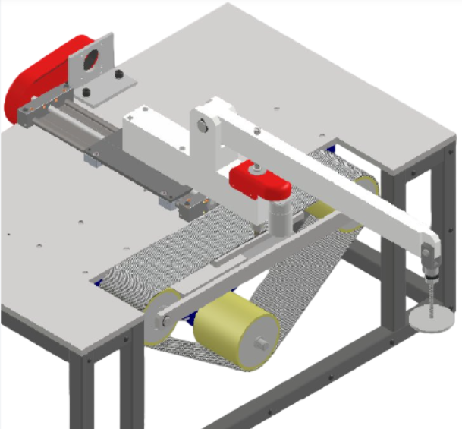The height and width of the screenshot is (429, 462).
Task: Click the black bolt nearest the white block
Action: click(x=118, y=74)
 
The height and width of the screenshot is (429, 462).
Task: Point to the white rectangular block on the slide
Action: click(x=156, y=129)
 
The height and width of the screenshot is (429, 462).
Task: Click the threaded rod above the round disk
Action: click(x=430, y=292)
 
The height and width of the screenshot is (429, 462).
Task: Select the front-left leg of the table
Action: click(x=83, y=395)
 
